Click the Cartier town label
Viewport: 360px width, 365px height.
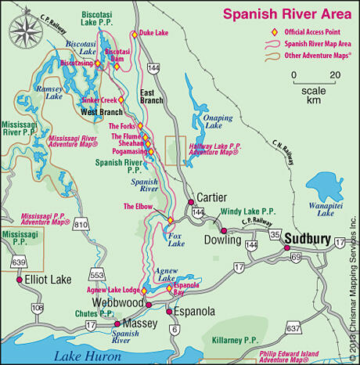[212, 197]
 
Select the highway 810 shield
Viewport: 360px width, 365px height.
[81, 226]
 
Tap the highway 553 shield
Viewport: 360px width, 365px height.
[98, 276]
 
